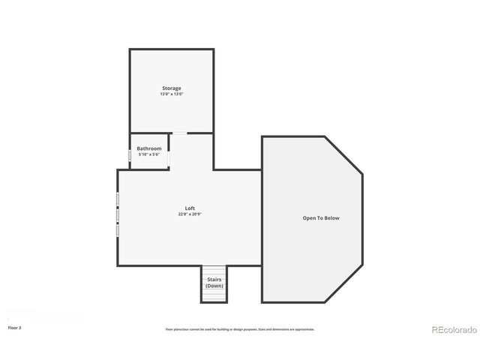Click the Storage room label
click(x=171, y=88)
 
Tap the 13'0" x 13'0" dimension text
click(x=171, y=94)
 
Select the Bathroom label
click(x=148, y=148)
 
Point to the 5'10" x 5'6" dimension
click(x=148, y=154)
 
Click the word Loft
click(x=190, y=208)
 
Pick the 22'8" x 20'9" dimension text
click(x=190, y=214)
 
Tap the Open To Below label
click(x=321, y=218)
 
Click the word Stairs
click(x=214, y=280)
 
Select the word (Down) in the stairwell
click(x=214, y=286)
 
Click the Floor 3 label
click(x=14, y=328)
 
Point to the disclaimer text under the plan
click(x=240, y=328)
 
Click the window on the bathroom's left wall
click(x=129, y=155)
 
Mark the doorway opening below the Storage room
click(x=180, y=133)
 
